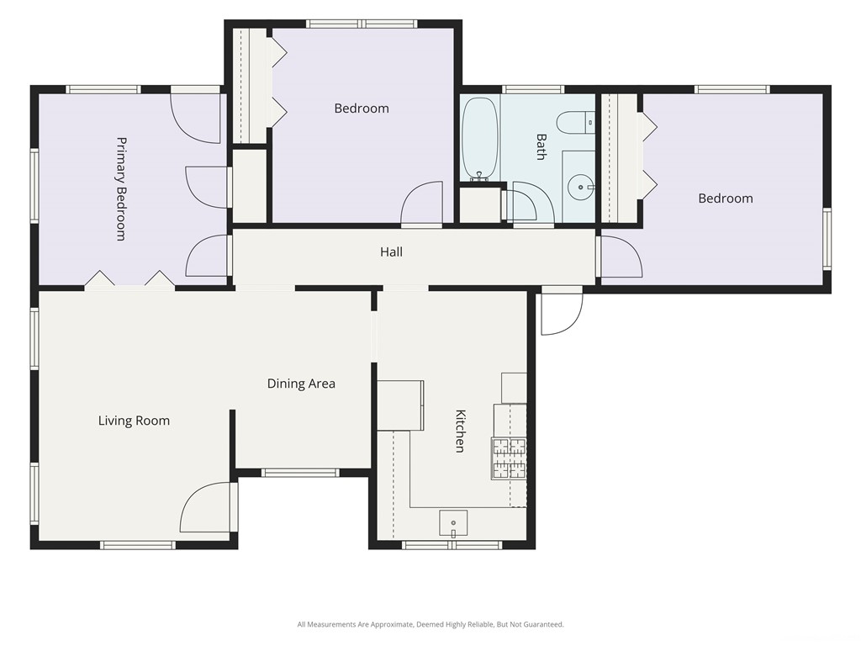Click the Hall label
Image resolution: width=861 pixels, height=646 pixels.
tap(391, 252)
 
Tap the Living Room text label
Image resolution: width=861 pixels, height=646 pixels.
tap(134, 421)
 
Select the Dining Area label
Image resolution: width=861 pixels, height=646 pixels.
tap(301, 384)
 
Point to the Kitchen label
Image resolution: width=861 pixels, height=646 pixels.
tap(460, 431)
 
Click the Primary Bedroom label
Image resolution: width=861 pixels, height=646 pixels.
tap(121, 189)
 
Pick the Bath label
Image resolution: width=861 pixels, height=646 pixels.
tap(541, 146)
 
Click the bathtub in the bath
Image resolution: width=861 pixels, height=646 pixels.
tap(479, 140)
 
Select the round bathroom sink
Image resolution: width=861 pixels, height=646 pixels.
tap(580, 188)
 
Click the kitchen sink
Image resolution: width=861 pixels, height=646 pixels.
tap(453, 523)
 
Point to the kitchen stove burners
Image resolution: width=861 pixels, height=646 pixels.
tap(509, 458)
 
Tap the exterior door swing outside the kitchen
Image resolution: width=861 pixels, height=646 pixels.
tap(562, 311)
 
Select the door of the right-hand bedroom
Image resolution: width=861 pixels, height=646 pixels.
tap(621, 257)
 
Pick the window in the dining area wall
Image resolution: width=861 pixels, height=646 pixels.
tap(300, 473)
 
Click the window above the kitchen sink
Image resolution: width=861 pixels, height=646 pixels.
tap(452, 545)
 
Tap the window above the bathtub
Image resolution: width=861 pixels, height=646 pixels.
tap(532, 89)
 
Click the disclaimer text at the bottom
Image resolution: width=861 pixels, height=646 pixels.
tap(430, 624)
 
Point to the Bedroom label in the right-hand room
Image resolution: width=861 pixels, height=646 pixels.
tap(726, 199)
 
